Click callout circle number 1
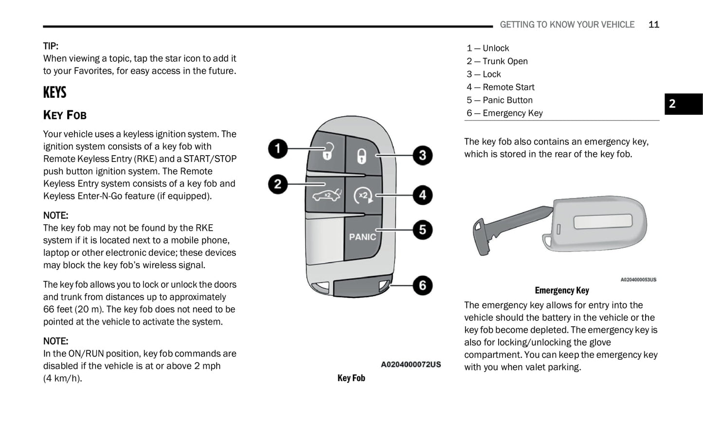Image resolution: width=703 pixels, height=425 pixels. [x=278, y=148]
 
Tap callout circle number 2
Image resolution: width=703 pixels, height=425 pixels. [x=278, y=184]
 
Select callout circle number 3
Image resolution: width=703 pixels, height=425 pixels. [x=422, y=156]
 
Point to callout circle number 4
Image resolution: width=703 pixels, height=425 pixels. [x=422, y=195]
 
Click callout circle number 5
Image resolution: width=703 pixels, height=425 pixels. [x=422, y=230]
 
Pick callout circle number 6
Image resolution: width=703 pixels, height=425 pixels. [x=422, y=285]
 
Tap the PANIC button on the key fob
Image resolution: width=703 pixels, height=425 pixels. [x=362, y=237]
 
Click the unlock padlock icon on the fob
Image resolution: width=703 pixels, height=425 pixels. [x=327, y=152]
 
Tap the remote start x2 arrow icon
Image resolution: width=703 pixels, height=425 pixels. [x=363, y=195]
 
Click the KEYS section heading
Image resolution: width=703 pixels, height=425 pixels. [x=54, y=92]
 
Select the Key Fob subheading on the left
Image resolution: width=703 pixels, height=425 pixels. [x=65, y=115]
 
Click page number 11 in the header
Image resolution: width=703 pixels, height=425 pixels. [x=653, y=24]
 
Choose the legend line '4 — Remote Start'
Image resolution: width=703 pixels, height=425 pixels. [x=500, y=87]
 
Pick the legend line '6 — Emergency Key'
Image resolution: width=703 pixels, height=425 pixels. [x=505, y=113]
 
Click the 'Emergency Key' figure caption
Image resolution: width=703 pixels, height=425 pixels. [x=561, y=290]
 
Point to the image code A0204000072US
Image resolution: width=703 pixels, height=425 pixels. [x=411, y=364]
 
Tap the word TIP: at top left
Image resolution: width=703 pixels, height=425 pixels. [x=51, y=46]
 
